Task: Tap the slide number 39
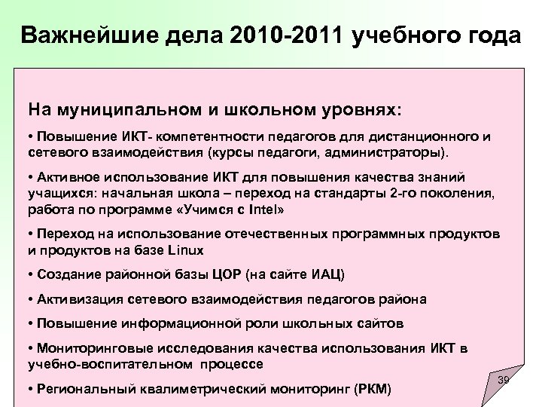click(504, 381)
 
